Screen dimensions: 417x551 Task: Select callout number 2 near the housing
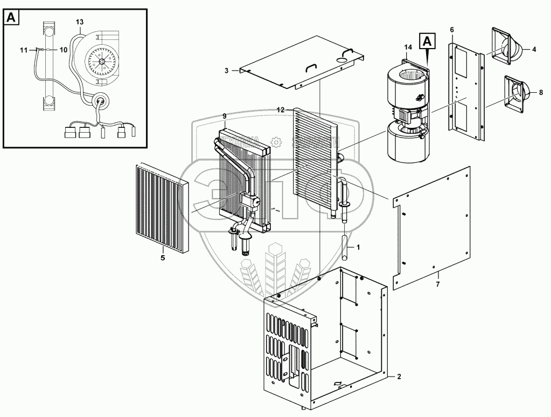coord(399,376)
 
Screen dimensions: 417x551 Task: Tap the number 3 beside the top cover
coord(227,71)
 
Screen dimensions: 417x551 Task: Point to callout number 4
coord(534,50)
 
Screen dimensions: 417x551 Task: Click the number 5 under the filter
coord(163,258)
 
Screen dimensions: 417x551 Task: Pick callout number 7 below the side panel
coord(438,284)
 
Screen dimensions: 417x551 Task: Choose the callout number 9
coord(225,117)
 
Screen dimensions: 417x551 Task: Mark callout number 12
coord(280,110)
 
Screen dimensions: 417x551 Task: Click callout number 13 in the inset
coord(80,22)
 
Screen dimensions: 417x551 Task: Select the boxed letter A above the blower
coord(428,40)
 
